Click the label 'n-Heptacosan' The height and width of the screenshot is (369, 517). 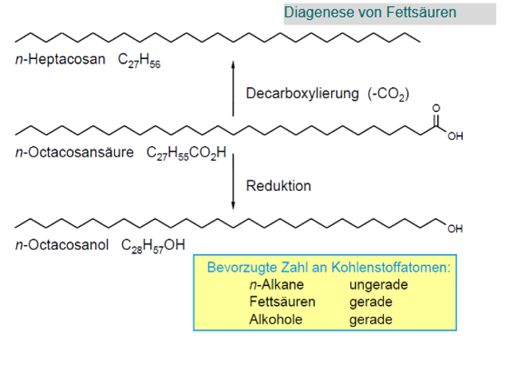[60, 60]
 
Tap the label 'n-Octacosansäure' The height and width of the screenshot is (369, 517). [76, 152]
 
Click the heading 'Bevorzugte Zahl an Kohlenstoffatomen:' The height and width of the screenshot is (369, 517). [329, 268]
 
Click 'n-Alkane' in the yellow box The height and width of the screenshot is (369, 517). [274, 284]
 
